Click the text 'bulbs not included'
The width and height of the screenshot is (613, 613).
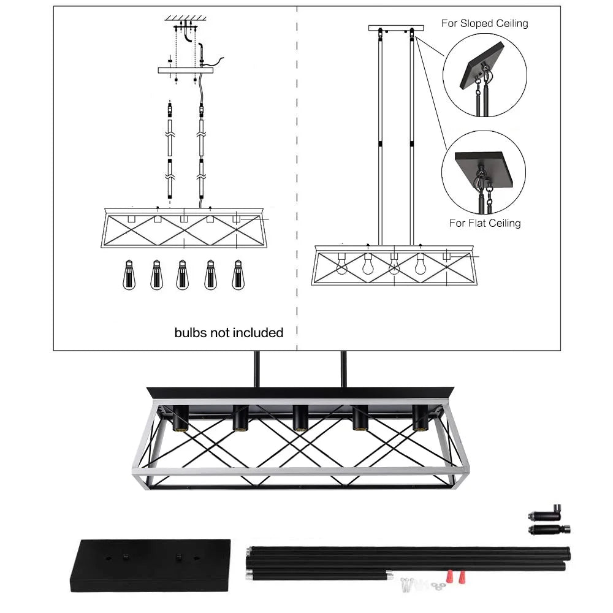pyautogui.click(x=229, y=333)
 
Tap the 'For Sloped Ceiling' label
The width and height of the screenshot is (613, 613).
pyautogui.click(x=484, y=23)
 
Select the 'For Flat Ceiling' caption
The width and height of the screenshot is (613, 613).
pyautogui.click(x=484, y=223)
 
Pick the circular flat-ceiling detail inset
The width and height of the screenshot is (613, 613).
pyautogui.click(x=484, y=172)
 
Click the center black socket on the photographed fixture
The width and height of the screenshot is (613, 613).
pyautogui.click(x=300, y=419)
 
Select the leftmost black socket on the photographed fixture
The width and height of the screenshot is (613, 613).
pyautogui.click(x=180, y=419)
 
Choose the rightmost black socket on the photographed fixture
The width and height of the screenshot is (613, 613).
pyautogui.click(x=420, y=419)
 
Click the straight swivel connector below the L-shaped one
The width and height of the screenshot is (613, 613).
pyautogui.click(x=549, y=529)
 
